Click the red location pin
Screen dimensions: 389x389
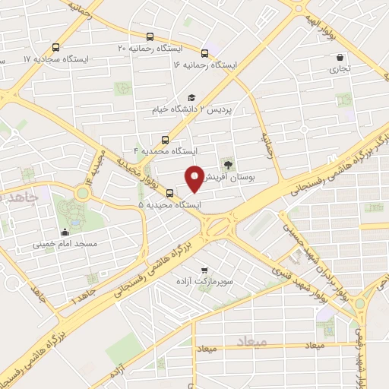click(x=195, y=178)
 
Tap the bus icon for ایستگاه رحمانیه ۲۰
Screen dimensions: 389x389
click(x=150, y=36)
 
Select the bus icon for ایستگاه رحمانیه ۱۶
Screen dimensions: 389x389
click(x=205, y=53)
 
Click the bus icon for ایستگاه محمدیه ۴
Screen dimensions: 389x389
click(x=165, y=139)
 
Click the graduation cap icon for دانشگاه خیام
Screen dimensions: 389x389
click(x=192, y=98)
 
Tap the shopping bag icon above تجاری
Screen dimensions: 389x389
click(x=340, y=56)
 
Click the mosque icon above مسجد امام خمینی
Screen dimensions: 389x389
click(x=65, y=233)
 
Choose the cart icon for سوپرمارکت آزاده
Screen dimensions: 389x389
click(x=204, y=270)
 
